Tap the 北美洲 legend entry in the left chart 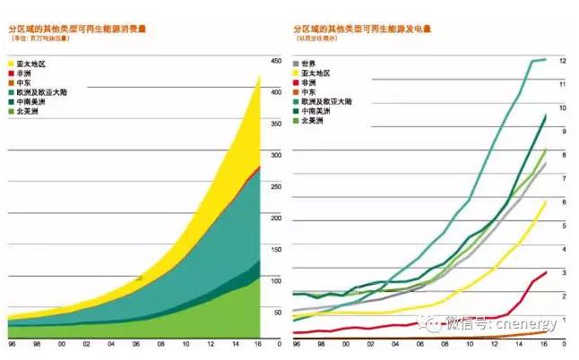29,111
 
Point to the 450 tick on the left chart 275,62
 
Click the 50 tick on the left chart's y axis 276,312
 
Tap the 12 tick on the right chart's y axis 562,61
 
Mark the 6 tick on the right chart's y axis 562,202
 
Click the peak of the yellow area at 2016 259,76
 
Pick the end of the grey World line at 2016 546,163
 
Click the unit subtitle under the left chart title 45,41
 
